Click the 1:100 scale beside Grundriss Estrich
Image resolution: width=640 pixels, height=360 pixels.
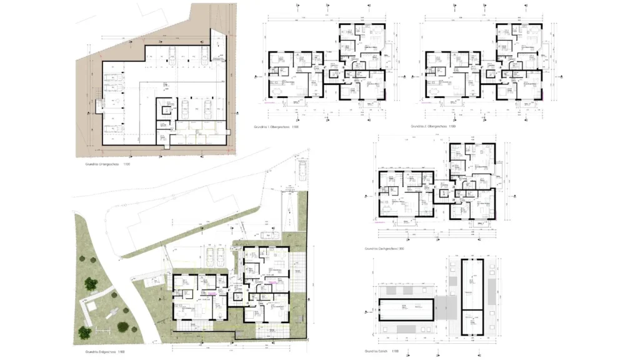click(396, 352)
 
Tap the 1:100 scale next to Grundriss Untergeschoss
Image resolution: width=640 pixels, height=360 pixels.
click(126, 165)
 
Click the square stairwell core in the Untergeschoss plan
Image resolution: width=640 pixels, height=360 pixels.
click(166, 110)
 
